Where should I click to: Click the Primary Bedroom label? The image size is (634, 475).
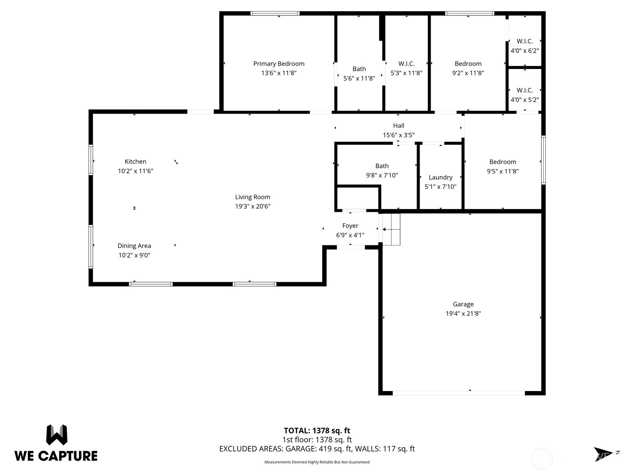coord(279,64)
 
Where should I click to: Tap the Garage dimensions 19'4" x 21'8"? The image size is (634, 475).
coord(463,313)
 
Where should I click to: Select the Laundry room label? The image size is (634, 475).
coord(440,177)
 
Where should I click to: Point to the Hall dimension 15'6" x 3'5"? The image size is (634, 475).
coord(398,135)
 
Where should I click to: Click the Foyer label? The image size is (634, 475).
coord(350,226)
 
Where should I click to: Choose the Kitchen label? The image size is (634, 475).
coord(135,161)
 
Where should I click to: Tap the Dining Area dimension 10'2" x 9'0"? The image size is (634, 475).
coord(134,255)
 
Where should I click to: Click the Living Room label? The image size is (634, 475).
coord(252,197)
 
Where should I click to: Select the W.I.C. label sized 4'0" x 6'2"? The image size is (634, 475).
coord(525,41)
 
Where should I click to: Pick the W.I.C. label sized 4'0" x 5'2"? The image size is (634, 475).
coord(525,90)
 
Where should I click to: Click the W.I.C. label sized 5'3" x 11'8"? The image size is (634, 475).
coord(406,64)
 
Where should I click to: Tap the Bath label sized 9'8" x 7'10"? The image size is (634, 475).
coord(382,166)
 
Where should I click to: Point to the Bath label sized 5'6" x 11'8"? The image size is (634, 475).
coord(359,69)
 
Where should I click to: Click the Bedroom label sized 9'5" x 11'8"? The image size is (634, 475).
coord(502,162)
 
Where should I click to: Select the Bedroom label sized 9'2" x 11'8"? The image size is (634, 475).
coord(468,64)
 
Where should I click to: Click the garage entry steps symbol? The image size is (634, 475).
coord(391,229)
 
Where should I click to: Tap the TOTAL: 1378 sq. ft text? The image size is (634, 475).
coord(317,431)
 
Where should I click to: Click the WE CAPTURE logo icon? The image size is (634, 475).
coord(57,435)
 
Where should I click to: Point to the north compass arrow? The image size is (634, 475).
coord(603,454)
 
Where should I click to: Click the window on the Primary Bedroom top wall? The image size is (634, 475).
coord(275,13)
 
